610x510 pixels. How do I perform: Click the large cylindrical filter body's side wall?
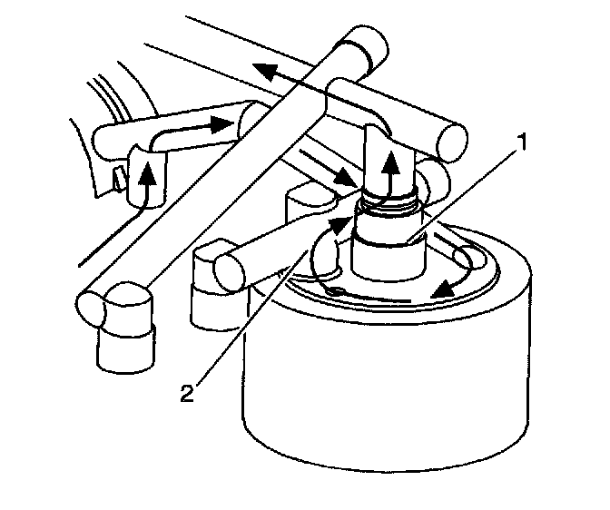(x=381, y=399)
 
